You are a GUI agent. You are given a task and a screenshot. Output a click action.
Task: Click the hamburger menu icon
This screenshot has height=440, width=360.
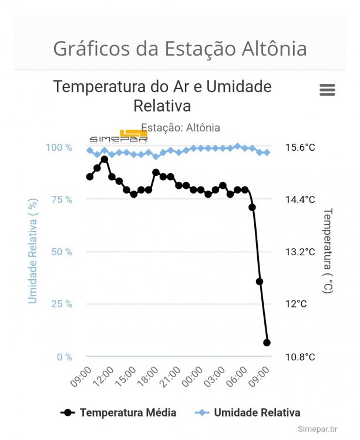point(327,90)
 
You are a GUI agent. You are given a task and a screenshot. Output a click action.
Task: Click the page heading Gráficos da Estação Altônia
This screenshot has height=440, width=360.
point(180,48)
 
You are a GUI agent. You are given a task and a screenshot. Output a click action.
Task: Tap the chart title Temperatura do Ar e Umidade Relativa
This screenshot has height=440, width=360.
point(162,96)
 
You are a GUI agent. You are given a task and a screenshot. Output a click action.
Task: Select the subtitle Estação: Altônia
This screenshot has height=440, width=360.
point(180,127)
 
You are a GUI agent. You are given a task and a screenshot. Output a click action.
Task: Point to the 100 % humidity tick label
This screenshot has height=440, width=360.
point(59,147)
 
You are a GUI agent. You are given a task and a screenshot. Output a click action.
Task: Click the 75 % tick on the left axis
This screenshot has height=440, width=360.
point(60,199)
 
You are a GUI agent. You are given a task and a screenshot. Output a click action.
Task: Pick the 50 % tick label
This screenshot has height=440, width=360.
point(60,252)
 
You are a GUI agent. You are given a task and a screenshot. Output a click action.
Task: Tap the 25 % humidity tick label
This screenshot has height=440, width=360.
point(60,304)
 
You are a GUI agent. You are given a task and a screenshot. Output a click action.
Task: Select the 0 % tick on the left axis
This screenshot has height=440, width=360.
point(64,357)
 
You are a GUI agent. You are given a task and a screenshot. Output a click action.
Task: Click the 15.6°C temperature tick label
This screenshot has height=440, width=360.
point(300,147)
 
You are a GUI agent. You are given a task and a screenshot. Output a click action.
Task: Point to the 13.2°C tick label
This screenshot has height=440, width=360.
point(300,252)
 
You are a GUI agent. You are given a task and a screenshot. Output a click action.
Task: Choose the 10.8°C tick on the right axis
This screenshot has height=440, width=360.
point(300,357)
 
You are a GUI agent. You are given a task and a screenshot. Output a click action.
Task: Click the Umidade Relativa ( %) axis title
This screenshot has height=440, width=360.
point(33,251)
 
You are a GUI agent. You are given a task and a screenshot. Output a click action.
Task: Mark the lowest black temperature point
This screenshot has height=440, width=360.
point(267,343)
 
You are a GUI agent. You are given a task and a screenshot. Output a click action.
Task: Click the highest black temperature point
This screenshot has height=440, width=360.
point(105,160)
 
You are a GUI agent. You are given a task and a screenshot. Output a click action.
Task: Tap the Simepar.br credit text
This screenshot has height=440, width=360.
point(317,429)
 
